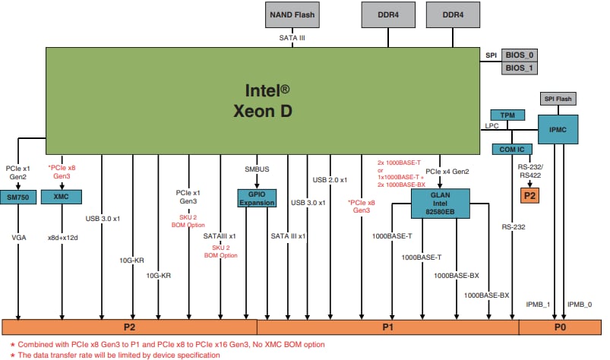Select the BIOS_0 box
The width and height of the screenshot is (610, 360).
tap(519, 55)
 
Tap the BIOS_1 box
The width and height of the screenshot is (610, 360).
tap(519, 68)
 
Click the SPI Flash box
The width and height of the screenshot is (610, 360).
tap(558, 99)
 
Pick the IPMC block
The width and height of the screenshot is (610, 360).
tap(558, 130)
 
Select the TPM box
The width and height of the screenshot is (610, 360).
tap(508, 115)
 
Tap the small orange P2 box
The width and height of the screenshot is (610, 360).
tap(529, 195)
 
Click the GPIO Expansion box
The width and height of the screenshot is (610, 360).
tap(258, 199)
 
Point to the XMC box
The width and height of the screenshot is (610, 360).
tap(61, 196)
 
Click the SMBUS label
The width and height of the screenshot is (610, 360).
tap(258, 169)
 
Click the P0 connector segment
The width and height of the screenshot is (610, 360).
tap(560, 327)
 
